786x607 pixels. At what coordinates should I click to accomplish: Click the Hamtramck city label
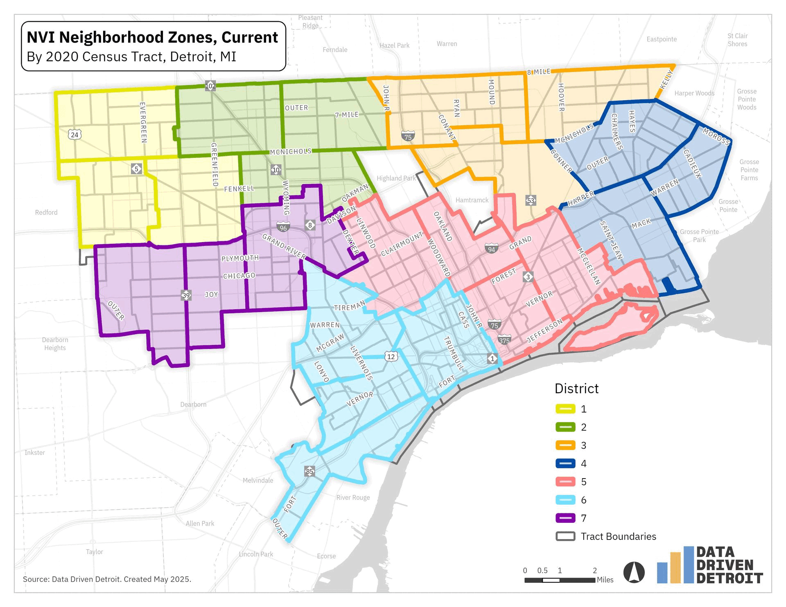coord(472,200)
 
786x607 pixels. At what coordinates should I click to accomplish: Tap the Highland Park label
coord(396,178)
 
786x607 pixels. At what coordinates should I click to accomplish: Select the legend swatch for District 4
coord(565,463)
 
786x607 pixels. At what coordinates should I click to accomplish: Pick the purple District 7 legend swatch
coord(565,518)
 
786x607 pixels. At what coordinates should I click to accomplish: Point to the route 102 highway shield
coord(210,86)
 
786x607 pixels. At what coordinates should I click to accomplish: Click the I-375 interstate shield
coord(504,340)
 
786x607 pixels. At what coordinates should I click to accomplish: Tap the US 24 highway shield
coord(74,135)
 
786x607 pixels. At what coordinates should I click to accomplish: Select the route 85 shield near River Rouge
coord(309,471)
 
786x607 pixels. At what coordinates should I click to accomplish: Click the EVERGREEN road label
coord(143,122)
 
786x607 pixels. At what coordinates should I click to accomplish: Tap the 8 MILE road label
coord(539,72)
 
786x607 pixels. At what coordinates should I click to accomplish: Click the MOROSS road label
coord(716,137)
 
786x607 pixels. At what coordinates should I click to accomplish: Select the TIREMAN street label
coord(349,306)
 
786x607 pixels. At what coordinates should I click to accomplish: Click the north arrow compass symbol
coord(634,572)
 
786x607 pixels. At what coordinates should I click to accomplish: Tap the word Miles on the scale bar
coord(605,580)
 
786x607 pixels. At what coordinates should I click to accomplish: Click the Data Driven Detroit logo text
coord(729,565)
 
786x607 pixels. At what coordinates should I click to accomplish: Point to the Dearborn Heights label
coord(55,344)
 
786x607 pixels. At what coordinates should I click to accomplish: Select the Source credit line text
coord(107,579)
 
